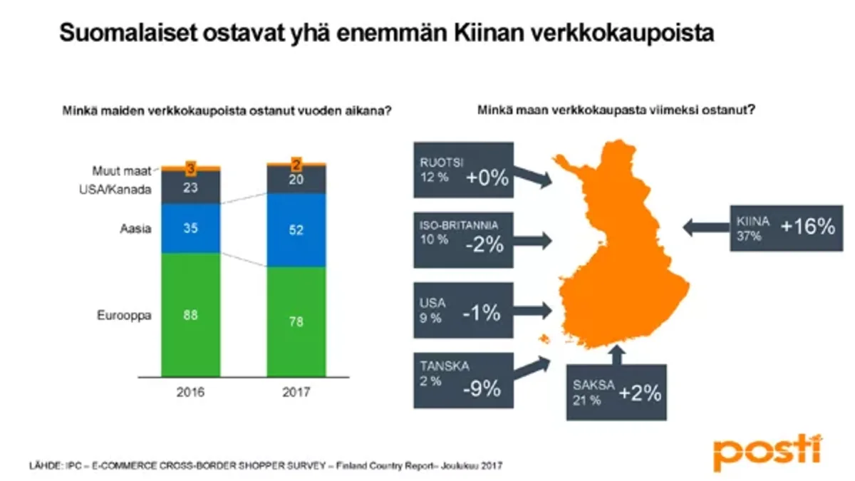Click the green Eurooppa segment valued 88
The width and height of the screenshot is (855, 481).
coord(190,315)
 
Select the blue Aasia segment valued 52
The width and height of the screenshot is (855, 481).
coord(296,229)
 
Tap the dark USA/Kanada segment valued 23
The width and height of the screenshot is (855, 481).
coord(190,187)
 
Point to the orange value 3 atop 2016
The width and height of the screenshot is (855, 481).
coord(190,168)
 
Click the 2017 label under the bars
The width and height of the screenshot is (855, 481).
coord(296,392)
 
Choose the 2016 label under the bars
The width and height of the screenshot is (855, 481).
coord(190,392)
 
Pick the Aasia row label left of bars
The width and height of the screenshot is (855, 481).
coord(137,229)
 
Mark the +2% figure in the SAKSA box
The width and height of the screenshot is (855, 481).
coord(640,394)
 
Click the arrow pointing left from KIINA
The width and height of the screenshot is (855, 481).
coord(705,228)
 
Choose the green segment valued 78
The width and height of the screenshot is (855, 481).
coord(296,322)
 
